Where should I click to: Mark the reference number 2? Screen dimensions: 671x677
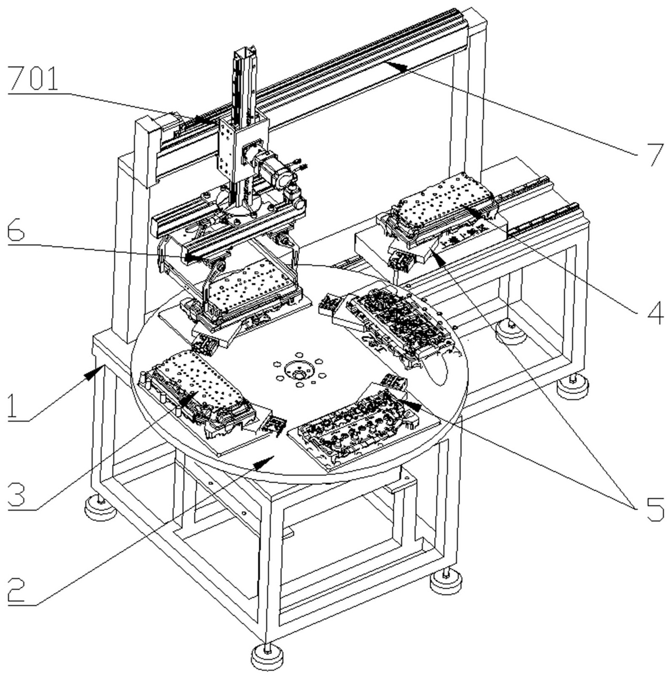(x=17, y=591)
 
